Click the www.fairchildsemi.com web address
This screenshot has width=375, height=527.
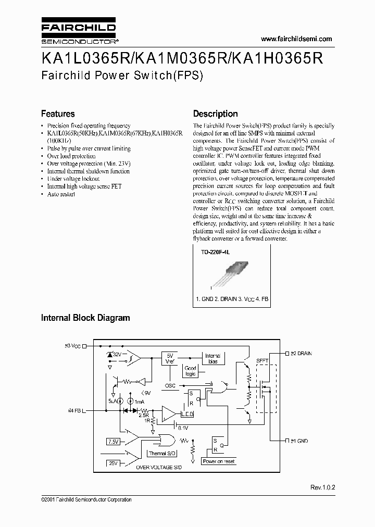[295, 40]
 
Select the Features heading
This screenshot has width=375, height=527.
[58, 114]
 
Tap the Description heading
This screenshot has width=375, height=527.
[215, 114]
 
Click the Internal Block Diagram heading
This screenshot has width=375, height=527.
[85, 318]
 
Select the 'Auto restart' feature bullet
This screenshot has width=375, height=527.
[61, 194]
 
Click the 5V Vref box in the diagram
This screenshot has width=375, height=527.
[170, 357]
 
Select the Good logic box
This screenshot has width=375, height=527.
[191, 371]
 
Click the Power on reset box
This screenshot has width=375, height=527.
[218, 461]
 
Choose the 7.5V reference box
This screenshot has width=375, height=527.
[114, 442]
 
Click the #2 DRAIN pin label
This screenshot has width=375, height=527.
[298, 353]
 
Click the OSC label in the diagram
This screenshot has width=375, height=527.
[170, 386]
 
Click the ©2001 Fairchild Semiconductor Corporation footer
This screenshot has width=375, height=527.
[86, 499]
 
